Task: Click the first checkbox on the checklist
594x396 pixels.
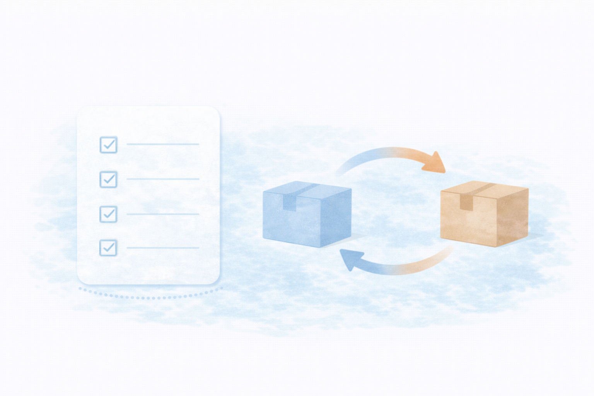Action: pos(109,145)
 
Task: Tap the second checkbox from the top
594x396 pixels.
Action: pos(109,179)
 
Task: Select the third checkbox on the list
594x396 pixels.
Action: pos(109,214)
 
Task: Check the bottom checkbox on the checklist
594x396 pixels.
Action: pos(109,247)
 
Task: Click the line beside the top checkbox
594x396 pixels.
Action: pos(162,144)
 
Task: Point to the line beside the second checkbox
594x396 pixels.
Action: pos(162,179)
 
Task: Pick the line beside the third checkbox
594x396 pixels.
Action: pos(162,214)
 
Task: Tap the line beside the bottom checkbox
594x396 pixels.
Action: pos(162,247)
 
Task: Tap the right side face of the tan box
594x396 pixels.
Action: pos(512,217)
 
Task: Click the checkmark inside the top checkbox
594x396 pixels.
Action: pos(109,145)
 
